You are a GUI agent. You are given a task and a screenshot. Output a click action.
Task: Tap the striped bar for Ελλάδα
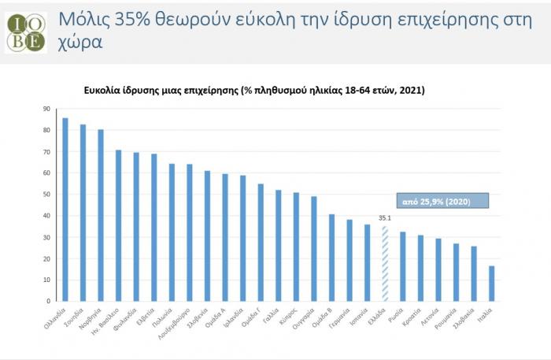[x=385, y=263]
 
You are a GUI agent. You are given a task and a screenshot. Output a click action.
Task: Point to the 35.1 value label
[x=385, y=220]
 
